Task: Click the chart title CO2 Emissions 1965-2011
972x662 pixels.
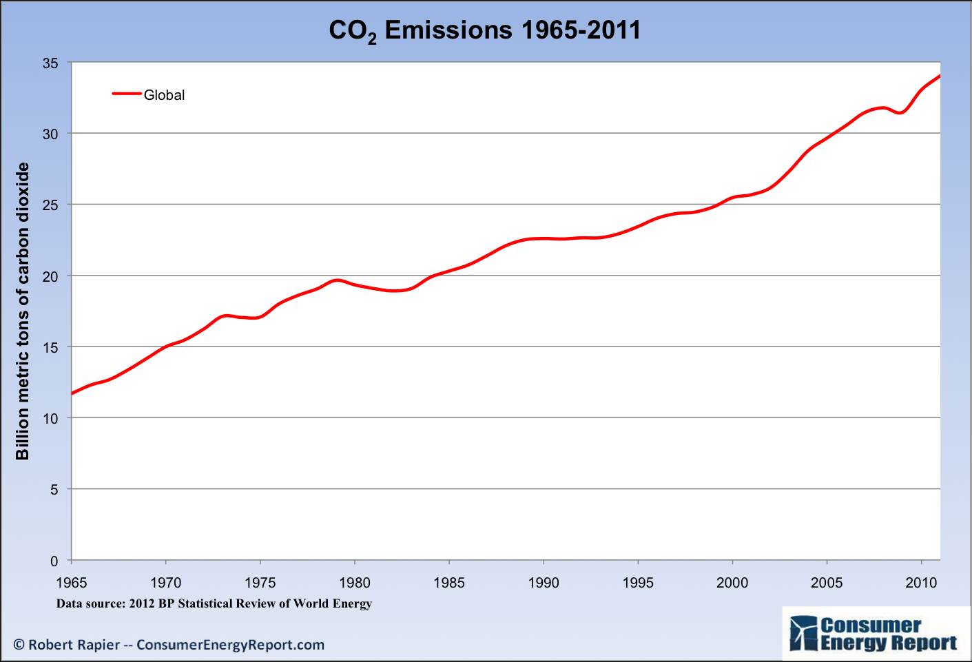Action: (x=484, y=30)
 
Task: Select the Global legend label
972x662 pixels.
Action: (x=164, y=95)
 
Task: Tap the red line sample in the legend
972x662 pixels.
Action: (x=126, y=94)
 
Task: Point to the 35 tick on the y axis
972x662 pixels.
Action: (x=50, y=63)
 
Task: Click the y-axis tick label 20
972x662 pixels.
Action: (x=50, y=276)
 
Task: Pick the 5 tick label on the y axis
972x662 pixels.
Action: (x=54, y=490)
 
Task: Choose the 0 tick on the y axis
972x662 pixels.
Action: (x=54, y=561)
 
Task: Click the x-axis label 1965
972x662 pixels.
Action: (x=72, y=583)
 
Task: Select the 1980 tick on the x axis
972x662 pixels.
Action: (x=354, y=583)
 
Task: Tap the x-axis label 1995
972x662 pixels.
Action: (x=637, y=583)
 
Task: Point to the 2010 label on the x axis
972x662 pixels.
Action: (x=921, y=583)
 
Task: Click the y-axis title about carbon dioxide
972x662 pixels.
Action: (x=23, y=311)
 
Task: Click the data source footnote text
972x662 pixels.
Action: (x=214, y=603)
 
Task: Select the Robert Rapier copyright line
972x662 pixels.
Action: (x=169, y=645)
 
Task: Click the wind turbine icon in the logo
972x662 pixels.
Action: (x=803, y=634)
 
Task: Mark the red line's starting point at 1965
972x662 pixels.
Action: (x=72, y=393)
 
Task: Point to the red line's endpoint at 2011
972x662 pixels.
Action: (x=940, y=76)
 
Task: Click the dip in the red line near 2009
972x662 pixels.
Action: (x=900, y=112)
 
